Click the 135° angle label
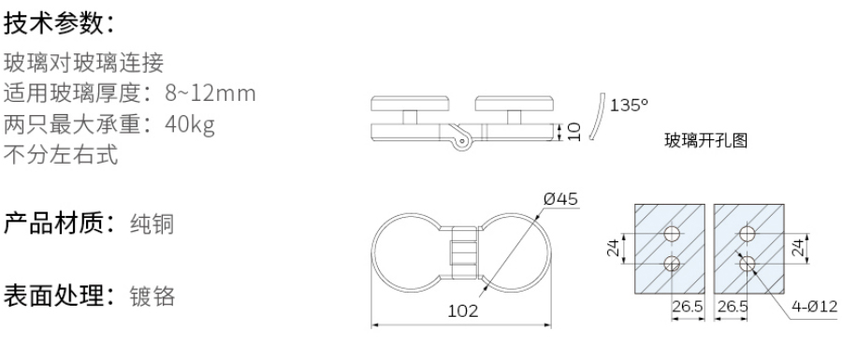(x=629, y=105)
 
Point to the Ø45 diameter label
(x=561, y=199)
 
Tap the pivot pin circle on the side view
(x=461, y=142)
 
